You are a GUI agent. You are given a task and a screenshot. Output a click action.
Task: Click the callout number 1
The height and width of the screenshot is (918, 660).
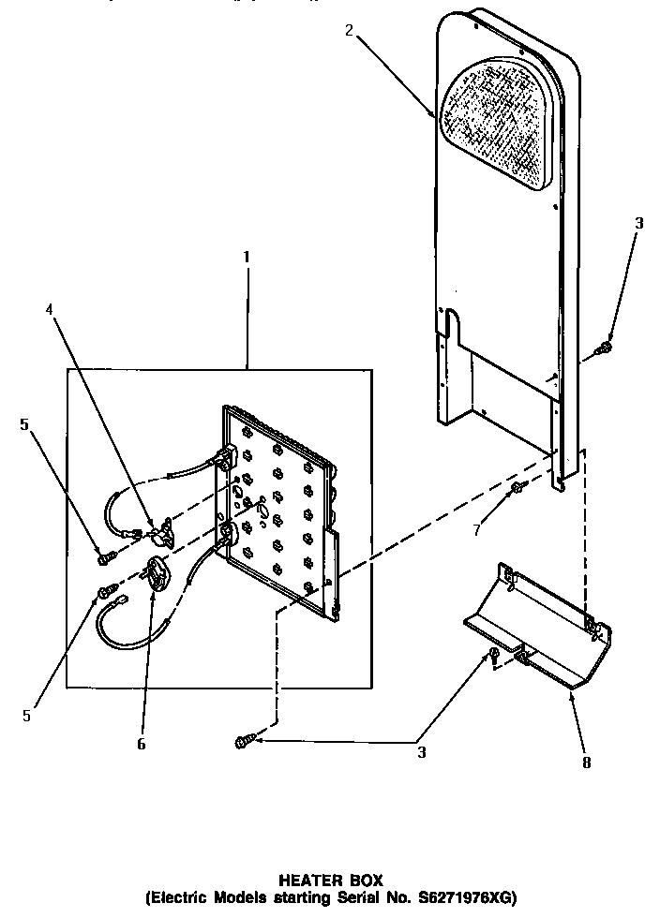click(247, 256)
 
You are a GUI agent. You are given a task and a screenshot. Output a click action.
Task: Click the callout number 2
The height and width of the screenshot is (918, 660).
click(349, 30)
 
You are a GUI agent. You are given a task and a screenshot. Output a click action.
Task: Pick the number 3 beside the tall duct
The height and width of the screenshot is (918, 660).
click(638, 223)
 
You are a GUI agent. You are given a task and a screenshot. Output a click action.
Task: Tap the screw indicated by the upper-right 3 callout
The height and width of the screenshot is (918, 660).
click(604, 349)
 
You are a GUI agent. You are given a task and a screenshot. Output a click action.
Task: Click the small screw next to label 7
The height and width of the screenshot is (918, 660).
click(517, 489)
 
